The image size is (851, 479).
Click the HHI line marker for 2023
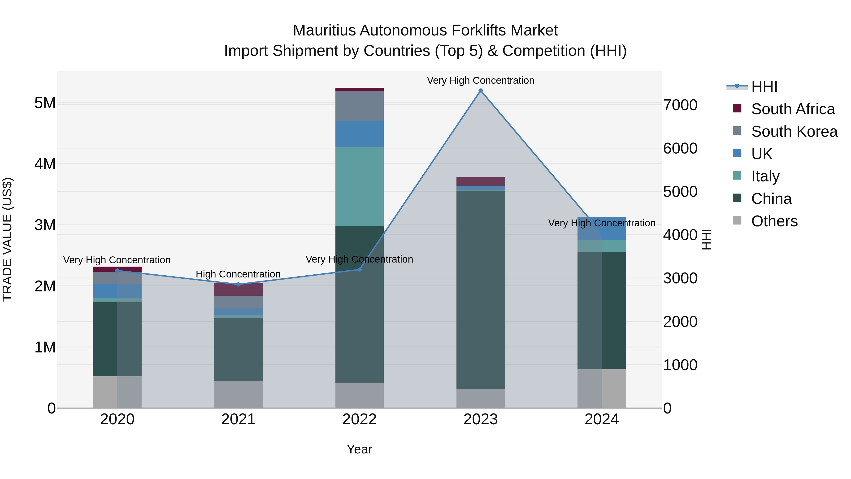click(480, 91)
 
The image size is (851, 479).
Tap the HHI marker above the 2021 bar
click(238, 284)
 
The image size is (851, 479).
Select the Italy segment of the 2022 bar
click(359, 186)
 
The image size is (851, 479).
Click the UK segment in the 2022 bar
click(359, 134)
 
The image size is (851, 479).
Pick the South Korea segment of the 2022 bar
click(359, 106)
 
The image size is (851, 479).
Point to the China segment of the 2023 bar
click(480, 290)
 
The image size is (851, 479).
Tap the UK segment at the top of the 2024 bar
click(602, 229)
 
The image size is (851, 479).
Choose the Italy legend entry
click(765, 176)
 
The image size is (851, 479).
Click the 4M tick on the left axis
click(45, 164)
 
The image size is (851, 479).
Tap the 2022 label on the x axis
click(359, 419)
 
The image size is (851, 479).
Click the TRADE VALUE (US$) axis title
click(7, 239)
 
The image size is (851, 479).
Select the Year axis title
click(359, 449)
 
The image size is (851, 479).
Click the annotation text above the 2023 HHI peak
click(480, 80)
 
